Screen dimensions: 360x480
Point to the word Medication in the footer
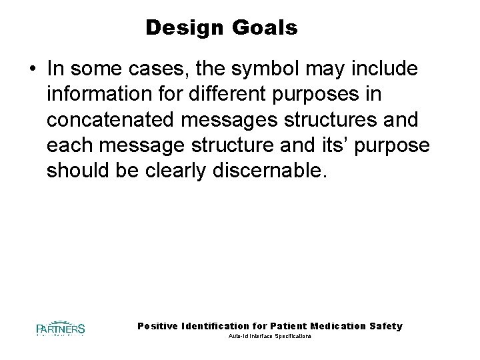pyautogui.click(x=333, y=326)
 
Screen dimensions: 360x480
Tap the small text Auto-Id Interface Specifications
pyautogui.click(x=269, y=337)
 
